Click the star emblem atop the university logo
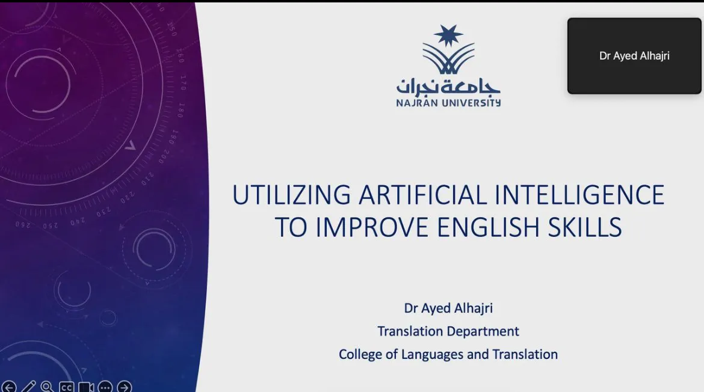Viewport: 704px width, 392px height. click(448, 35)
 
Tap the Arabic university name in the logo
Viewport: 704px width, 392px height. click(448, 87)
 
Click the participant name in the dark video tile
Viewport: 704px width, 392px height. click(634, 56)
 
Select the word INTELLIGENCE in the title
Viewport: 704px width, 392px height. click(579, 195)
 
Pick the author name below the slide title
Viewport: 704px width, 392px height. click(448, 308)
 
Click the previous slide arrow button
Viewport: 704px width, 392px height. click(8, 387)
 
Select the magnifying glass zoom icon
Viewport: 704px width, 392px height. click(47, 387)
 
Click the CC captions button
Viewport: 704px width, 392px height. click(66, 387)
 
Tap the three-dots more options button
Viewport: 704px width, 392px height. click(105, 387)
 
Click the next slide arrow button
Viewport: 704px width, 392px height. click(125, 387)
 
